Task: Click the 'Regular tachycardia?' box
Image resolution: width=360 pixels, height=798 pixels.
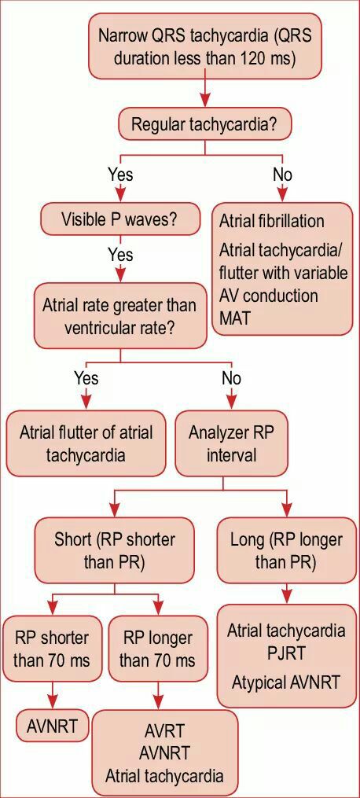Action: click(x=204, y=124)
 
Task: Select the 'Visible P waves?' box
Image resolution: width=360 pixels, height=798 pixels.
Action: click(x=120, y=220)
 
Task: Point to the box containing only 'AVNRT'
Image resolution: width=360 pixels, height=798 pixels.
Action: click(x=53, y=726)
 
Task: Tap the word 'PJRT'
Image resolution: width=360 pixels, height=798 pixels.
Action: click(x=286, y=653)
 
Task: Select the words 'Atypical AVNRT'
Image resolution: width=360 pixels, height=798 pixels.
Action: click(x=285, y=682)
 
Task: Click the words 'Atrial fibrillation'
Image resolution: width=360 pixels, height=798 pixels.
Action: click(x=271, y=222)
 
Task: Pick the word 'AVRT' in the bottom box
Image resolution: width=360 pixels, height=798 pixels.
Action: click(x=165, y=730)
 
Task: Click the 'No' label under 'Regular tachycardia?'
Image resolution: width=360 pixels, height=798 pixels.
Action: click(x=283, y=175)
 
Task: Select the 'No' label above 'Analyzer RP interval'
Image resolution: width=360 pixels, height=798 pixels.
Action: click(x=231, y=378)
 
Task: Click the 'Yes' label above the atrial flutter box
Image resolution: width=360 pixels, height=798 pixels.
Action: click(x=86, y=378)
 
